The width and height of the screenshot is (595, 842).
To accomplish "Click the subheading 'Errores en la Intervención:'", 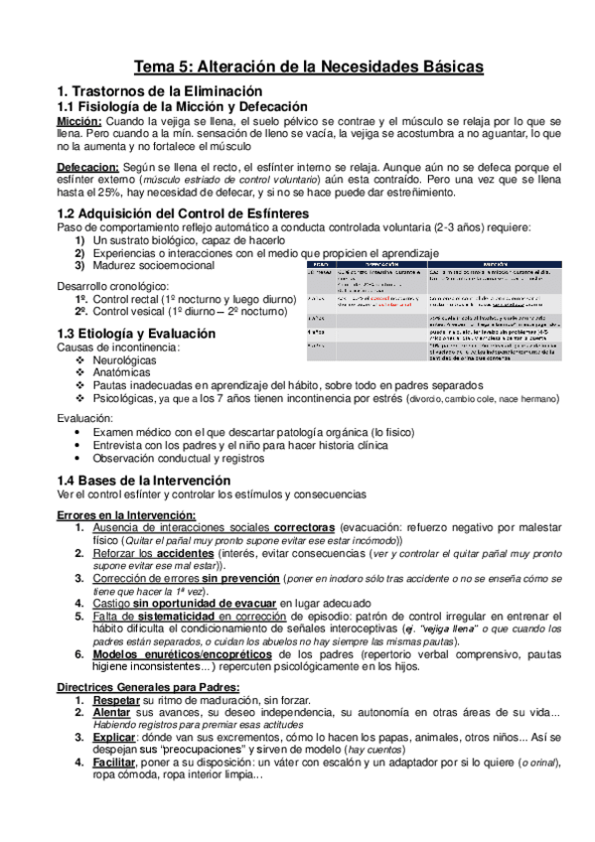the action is (126, 512).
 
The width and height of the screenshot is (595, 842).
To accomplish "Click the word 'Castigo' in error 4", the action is (110, 602).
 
